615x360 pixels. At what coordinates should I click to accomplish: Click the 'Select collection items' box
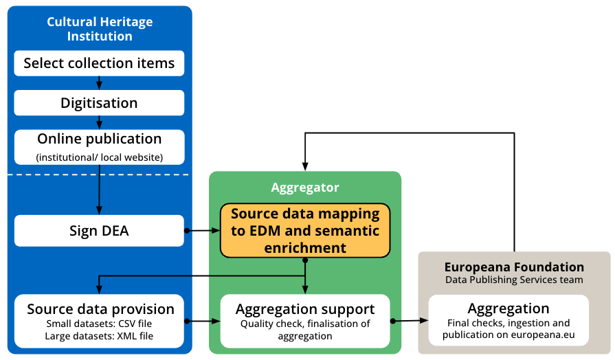coord(99,63)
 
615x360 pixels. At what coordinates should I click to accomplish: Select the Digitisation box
coord(99,103)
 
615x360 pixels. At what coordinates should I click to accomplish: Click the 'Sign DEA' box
coord(99,231)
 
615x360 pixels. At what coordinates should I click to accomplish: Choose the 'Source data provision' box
coord(99,320)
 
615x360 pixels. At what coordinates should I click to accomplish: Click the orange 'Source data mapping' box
coord(305,230)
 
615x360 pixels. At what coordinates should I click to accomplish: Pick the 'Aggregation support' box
coord(305,321)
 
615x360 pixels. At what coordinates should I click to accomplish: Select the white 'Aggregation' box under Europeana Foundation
coord(508,320)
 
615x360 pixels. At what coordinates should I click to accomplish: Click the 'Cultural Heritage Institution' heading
coord(100,29)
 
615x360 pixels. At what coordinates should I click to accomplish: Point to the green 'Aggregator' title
coord(305,188)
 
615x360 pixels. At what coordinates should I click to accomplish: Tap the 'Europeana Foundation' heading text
coord(514,267)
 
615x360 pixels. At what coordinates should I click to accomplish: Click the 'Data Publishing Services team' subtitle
coord(514,280)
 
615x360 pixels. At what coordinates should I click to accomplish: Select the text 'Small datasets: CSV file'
coord(99,324)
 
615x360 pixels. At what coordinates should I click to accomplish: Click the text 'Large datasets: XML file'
coord(99,336)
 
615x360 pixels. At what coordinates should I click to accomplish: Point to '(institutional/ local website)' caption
coord(99,157)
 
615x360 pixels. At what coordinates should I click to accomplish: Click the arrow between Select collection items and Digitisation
coord(100,82)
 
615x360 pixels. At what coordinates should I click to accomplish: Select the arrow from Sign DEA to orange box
coord(203,231)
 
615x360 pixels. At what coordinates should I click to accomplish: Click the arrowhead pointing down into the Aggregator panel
coord(305,166)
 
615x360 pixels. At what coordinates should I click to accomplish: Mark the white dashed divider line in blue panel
coord(99,175)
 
